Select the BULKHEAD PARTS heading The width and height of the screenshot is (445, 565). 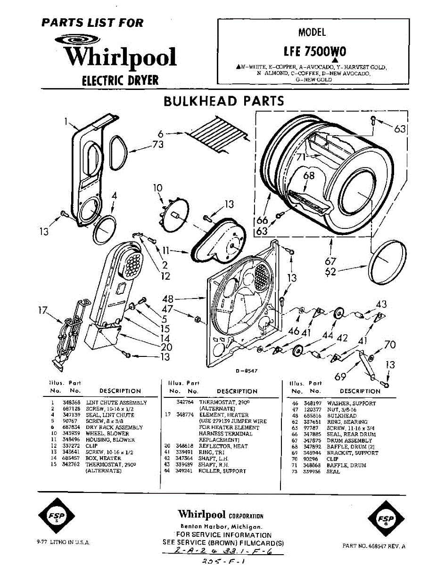[x=223, y=101]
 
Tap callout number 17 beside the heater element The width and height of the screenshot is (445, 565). [x=43, y=311]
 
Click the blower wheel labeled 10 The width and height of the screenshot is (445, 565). [x=173, y=212]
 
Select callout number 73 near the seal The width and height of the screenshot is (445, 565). [x=158, y=145]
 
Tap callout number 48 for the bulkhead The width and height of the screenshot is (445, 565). [x=167, y=299]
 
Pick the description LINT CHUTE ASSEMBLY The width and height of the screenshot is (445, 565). [x=116, y=403]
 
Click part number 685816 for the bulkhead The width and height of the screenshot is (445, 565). [x=313, y=416]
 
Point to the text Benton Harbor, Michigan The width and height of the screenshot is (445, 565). [x=222, y=526]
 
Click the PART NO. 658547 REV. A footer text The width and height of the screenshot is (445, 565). [x=374, y=546]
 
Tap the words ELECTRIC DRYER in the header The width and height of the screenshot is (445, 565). [x=121, y=80]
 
